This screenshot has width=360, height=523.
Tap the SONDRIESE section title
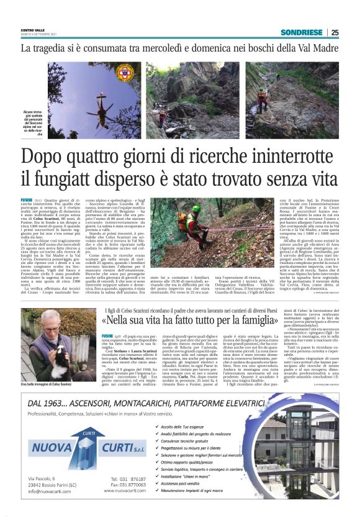point(302,32)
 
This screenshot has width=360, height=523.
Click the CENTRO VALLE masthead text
point(34,30)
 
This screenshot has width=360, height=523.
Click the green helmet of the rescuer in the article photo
point(196,209)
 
